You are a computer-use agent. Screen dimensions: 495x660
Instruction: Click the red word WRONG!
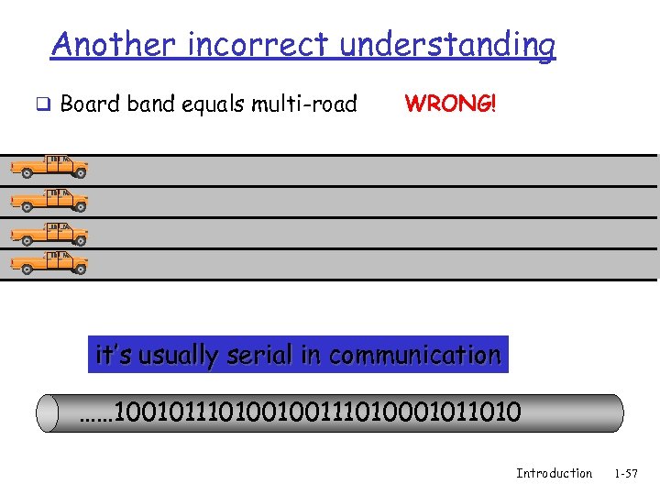click(x=450, y=103)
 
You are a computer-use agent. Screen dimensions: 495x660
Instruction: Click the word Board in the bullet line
click(x=90, y=104)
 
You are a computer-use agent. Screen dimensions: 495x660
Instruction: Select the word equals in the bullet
click(x=217, y=104)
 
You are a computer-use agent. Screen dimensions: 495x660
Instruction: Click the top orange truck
click(x=49, y=167)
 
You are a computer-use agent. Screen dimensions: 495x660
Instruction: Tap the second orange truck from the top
click(x=49, y=200)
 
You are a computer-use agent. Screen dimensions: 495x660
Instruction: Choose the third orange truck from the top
click(x=49, y=233)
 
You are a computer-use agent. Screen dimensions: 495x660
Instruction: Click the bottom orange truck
click(x=49, y=264)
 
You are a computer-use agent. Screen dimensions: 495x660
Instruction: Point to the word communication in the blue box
click(x=414, y=355)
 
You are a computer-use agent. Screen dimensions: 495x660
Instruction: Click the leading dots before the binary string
click(x=93, y=414)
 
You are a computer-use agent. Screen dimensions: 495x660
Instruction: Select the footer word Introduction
click(x=554, y=473)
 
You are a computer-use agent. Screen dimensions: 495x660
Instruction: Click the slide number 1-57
click(x=626, y=473)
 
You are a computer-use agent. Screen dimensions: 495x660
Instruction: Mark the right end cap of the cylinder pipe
click(x=615, y=412)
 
